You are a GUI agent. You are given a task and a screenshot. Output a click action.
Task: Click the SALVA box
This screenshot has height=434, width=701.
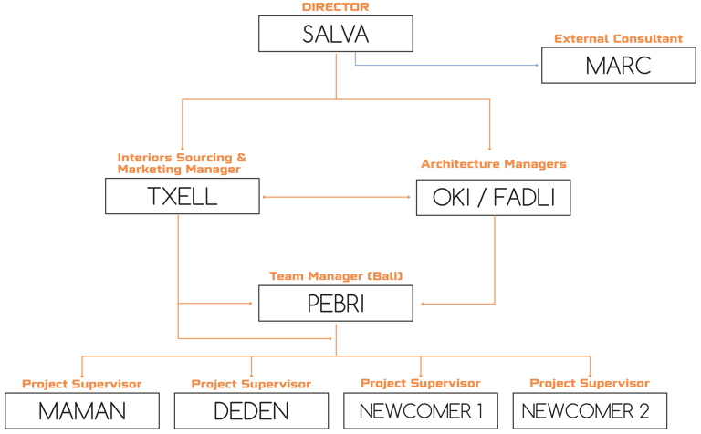tap(336, 35)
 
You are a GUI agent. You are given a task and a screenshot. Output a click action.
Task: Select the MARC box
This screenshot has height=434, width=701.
tap(619, 66)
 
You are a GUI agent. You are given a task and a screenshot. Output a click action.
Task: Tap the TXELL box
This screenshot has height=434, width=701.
tap(183, 197)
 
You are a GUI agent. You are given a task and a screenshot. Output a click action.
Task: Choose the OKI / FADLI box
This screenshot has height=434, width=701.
tap(493, 197)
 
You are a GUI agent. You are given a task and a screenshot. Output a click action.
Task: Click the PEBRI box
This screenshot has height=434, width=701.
tap(336, 303)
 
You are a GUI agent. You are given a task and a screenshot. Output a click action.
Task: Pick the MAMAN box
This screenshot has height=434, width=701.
tap(82, 411)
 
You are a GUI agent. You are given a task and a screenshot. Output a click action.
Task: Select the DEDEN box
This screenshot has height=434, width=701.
tap(251, 411)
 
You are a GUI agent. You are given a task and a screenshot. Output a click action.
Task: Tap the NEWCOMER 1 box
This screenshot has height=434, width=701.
tap(421, 411)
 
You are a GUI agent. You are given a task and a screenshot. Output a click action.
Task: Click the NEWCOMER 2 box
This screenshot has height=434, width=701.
tap(590, 411)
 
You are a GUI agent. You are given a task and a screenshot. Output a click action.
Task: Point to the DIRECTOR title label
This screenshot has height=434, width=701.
tap(336, 7)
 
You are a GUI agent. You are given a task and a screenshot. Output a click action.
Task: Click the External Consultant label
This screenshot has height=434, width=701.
tap(618, 38)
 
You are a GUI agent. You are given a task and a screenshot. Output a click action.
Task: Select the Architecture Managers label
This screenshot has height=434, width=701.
tap(494, 164)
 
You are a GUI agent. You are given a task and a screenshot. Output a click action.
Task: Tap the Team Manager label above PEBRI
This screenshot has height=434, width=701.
tap(336, 275)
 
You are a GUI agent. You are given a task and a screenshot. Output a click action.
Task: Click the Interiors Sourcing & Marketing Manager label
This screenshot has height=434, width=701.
tap(182, 162)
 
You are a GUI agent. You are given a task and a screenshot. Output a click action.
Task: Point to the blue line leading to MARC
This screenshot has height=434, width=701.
tap(447, 66)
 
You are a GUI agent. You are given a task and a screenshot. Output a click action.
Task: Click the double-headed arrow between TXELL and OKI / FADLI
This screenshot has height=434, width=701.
tap(338, 197)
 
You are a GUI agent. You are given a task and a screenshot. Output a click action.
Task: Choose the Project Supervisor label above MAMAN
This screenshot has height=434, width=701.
tap(82, 384)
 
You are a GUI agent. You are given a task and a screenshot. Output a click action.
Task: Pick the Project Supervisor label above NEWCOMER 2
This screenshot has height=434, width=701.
tap(590, 383)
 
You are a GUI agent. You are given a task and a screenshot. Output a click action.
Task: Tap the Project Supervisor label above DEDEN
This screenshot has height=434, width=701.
tap(251, 384)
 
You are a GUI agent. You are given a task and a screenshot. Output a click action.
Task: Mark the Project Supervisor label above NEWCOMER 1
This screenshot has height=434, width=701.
tap(421, 383)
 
